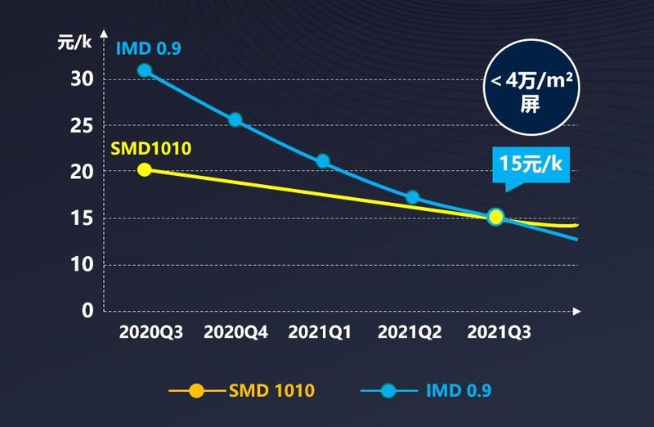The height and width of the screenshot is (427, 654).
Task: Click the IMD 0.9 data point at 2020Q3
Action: coord(145,70)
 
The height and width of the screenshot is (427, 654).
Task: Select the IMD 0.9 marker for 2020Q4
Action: coord(235,120)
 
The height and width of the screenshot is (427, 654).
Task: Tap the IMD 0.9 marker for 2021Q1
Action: coord(323,161)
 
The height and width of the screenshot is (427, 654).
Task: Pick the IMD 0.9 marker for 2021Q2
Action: coord(413,197)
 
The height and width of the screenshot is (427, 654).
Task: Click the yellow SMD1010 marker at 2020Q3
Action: coord(145,169)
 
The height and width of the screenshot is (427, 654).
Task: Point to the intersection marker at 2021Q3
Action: coord(495,217)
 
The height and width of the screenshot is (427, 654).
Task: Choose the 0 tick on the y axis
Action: coord(86,311)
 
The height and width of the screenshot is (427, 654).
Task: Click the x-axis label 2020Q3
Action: coord(151,333)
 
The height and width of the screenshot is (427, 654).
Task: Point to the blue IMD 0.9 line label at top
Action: coord(149,47)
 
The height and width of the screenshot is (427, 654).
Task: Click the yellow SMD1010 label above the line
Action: coord(151,148)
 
